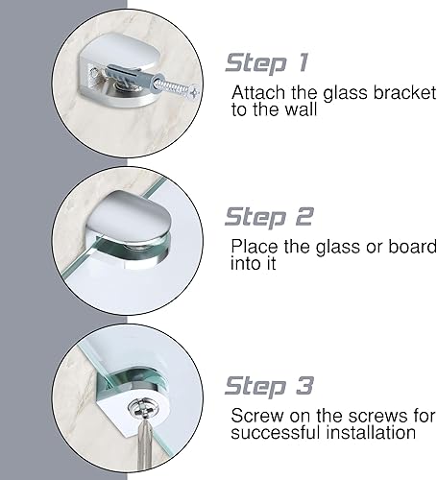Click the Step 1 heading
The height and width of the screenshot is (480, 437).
(267, 63)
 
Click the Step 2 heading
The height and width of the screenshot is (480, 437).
(268, 216)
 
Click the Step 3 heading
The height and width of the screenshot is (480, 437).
(268, 386)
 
